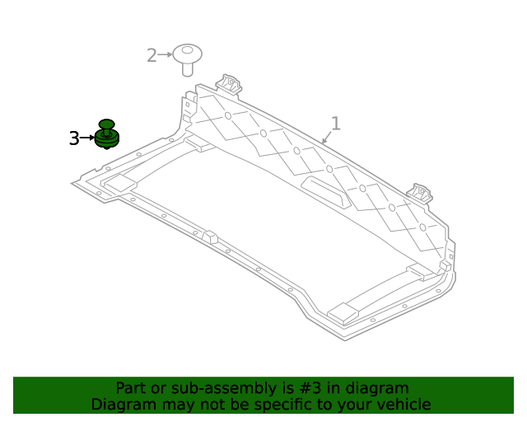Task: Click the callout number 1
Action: point(335,124)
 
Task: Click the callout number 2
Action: point(152,55)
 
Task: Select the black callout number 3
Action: point(74,138)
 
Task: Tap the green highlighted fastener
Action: point(106,134)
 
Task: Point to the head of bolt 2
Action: point(188,54)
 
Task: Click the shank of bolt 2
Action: point(188,68)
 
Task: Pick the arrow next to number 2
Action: point(165,54)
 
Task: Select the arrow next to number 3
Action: point(88,138)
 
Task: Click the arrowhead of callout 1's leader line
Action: point(324,142)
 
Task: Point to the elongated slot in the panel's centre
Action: point(325,191)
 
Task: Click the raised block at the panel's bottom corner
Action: point(343,312)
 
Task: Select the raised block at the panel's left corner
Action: point(120,183)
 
